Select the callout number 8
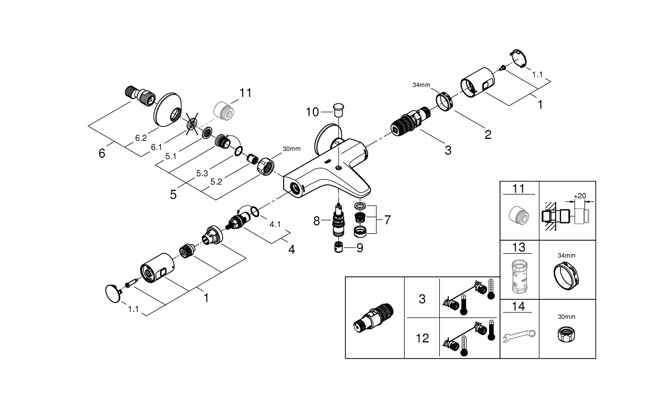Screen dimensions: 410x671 317,221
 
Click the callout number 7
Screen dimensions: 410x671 387,220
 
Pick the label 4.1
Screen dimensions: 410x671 275,224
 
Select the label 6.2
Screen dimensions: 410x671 140,138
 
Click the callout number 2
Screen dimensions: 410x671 488,135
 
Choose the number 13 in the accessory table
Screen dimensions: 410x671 518,247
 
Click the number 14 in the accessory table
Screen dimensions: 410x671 518,307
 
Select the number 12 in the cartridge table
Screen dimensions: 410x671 423,338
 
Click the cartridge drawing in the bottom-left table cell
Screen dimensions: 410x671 375,318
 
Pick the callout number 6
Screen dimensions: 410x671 102,154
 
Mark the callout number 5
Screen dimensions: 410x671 173,195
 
